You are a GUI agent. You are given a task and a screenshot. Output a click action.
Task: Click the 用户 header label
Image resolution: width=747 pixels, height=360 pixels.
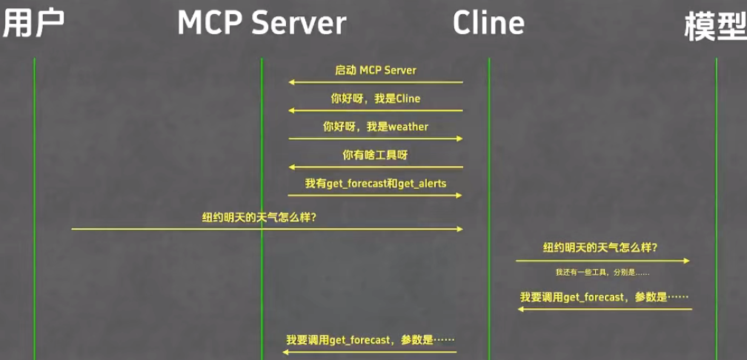coord(33,24)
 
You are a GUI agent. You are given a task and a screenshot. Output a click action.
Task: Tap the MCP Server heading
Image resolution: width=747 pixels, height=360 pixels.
coord(262,24)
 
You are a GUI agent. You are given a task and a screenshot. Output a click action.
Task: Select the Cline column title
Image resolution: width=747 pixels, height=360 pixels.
coord(488,24)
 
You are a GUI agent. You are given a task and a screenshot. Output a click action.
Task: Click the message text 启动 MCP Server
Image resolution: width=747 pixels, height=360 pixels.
coord(375,70)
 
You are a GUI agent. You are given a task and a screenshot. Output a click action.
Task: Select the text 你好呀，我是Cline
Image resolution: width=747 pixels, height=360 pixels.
coord(375,98)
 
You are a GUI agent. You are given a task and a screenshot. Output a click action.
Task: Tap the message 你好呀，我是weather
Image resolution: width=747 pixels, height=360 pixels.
coord(375,127)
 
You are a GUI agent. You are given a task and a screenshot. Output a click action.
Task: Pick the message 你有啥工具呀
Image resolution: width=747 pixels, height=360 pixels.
coord(375,155)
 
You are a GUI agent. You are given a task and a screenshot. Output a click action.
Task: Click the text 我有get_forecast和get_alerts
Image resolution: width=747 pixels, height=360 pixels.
coord(375,183)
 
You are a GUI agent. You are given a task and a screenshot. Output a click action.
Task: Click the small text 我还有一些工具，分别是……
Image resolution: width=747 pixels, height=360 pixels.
coord(602,273)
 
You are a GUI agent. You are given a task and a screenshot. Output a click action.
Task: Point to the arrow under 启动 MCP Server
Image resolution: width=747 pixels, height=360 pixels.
coord(375,82)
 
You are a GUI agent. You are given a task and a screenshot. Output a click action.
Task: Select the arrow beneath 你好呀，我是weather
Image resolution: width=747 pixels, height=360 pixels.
coord(375,139)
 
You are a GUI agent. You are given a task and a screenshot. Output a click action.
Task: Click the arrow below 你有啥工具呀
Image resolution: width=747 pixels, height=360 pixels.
coord(375,167)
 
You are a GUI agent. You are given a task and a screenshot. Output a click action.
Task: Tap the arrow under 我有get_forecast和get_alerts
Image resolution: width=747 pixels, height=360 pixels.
coord(375,196)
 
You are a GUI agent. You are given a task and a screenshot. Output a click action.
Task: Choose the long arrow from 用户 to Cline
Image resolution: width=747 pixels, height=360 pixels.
coord(267,229)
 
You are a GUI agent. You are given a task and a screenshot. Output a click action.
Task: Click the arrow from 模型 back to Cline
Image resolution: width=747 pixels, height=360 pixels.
coord(604,309)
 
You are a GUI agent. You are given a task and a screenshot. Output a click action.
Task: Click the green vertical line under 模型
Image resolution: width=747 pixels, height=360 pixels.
coord(716,185)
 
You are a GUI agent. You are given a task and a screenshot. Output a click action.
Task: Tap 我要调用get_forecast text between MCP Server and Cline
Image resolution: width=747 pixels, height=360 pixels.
coord(370,340)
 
